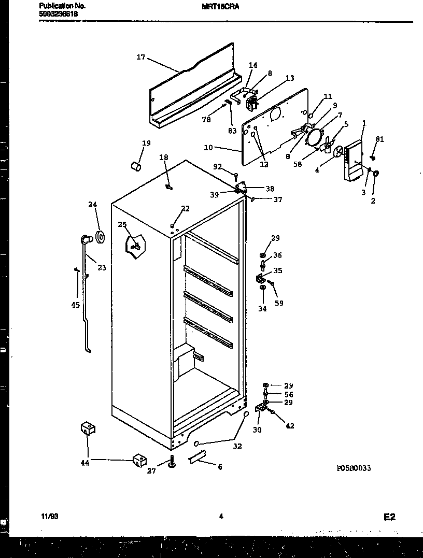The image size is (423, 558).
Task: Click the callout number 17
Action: tap(140, 58)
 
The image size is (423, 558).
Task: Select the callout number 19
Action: tap(146, 143)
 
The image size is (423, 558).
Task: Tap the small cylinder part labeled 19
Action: tap(136, 166)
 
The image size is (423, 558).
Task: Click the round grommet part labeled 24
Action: tap(100, 238)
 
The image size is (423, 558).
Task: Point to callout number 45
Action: tap(76, 305)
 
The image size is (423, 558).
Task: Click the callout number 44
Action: tap(85, 463)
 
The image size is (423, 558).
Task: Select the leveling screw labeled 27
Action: tap(172, 461)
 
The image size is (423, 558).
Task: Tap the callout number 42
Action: tap(290, 426)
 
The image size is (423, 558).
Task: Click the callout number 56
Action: tap(289, 394)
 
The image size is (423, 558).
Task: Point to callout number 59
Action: tap(279, 304)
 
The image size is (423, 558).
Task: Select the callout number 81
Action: tap(380, 139)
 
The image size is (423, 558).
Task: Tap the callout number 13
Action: tap(290, 78)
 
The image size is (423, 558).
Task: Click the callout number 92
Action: tap(217, 167)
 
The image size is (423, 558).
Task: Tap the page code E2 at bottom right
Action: tap(389, 517)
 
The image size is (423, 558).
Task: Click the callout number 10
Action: tap(208, 148)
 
